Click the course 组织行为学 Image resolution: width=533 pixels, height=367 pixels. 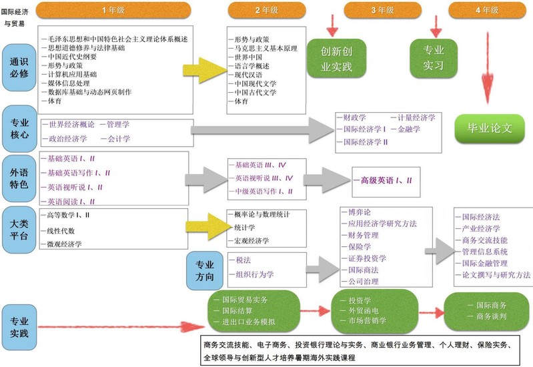point(254,274)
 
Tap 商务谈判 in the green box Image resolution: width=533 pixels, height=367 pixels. point(492,316)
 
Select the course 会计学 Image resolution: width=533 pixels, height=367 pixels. point(119,139)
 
